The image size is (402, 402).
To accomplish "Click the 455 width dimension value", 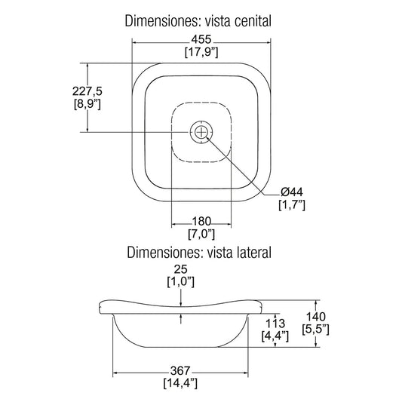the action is [201, 39].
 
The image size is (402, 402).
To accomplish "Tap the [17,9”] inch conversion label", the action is [201, 52].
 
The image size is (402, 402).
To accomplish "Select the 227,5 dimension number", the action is [87, 91].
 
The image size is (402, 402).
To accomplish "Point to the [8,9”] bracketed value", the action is [87, 104].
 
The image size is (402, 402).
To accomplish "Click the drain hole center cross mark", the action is [201, 132].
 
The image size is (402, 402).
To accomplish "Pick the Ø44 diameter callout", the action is [292, 192].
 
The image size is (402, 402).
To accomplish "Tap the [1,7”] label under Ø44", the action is [292, 205].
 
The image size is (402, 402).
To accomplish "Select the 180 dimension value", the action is [201, 221].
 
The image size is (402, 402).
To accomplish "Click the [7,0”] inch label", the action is [201, 234].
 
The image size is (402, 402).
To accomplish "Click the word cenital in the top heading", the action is [253, 21].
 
